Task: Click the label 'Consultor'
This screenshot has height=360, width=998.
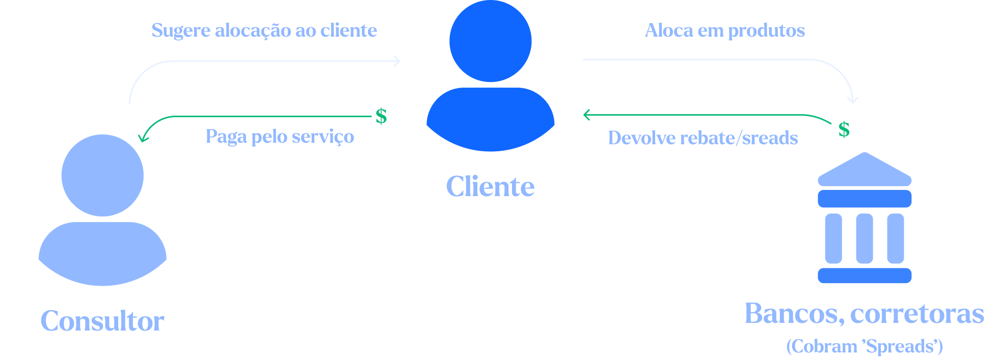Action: point(102,321)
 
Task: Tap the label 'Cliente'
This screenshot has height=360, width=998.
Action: point(490,186)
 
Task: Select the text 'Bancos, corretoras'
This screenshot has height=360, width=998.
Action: point(864,314)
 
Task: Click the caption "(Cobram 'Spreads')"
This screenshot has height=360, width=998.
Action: point(864,346)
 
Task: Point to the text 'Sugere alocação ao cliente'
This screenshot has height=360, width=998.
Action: point(264,31)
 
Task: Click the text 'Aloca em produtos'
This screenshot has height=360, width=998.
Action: point(724,31)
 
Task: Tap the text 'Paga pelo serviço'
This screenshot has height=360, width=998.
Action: point(280,136)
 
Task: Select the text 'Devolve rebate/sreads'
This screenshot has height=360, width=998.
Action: point(703,138)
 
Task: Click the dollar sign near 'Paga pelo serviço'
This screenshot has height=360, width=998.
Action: point(381,117)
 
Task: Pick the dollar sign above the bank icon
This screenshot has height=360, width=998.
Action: point(844,129)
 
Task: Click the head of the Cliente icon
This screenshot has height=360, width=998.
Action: point(490,41)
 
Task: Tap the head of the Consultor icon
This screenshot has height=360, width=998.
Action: point(102,175)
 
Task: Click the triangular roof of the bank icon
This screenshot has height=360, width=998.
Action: point(865,171)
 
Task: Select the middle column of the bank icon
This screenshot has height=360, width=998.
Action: point(865,238)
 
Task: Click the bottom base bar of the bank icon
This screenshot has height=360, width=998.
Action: point(865,275)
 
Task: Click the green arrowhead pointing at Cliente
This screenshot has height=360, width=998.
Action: point(587,115)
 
